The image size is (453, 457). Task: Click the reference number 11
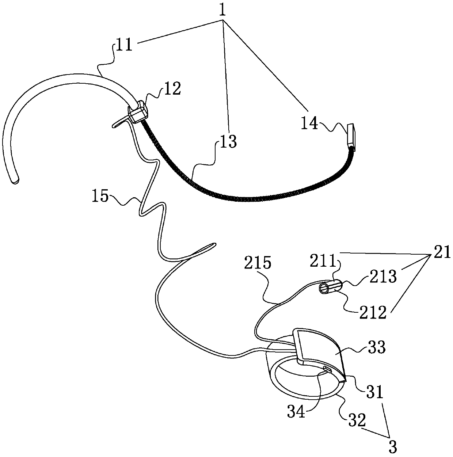pos(124,47)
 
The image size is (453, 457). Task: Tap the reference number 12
pos(172,89)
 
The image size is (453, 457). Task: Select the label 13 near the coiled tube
pos(227,141)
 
